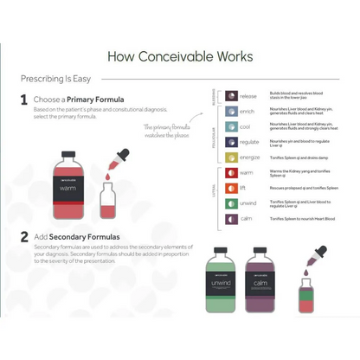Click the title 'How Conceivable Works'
180,56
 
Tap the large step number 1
24,100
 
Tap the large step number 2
24,235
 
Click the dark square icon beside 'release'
230,95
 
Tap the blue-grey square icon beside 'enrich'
230,111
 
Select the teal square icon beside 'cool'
230,126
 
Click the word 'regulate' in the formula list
250,142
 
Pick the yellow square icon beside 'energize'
230,157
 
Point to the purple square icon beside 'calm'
230,220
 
